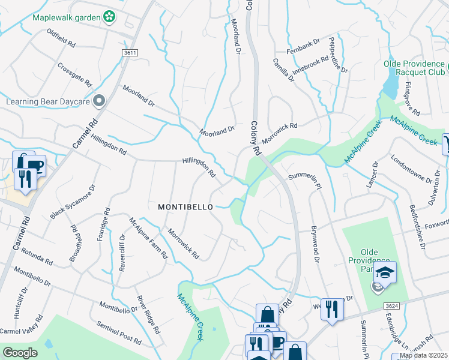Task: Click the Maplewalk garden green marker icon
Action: point(109,17)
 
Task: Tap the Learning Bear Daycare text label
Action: point(47,101)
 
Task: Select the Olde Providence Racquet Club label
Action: point(415,69)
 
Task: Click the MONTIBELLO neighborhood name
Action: point(185,206)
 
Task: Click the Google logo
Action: point(20,353)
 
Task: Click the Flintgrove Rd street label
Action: point(412,98)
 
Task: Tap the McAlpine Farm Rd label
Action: point(148,238)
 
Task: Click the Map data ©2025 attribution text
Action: point(424,355)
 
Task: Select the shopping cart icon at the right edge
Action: point(447,145)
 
